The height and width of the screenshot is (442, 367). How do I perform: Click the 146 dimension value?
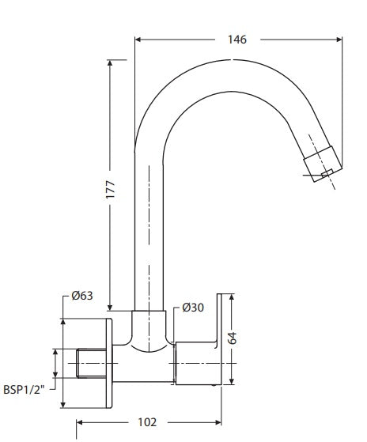[x=236, y=39]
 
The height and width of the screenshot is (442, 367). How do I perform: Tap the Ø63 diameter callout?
[x=82, y=296]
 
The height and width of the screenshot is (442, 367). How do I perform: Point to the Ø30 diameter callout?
[x=193, y=308]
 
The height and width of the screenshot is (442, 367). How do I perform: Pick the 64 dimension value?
[x=233, y=339]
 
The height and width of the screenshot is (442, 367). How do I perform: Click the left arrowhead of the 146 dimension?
[x=138, y=39]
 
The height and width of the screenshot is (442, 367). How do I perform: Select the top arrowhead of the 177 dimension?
[x=110, y=62]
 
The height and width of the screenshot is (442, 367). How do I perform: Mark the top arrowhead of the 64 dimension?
[x=233, y=299]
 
